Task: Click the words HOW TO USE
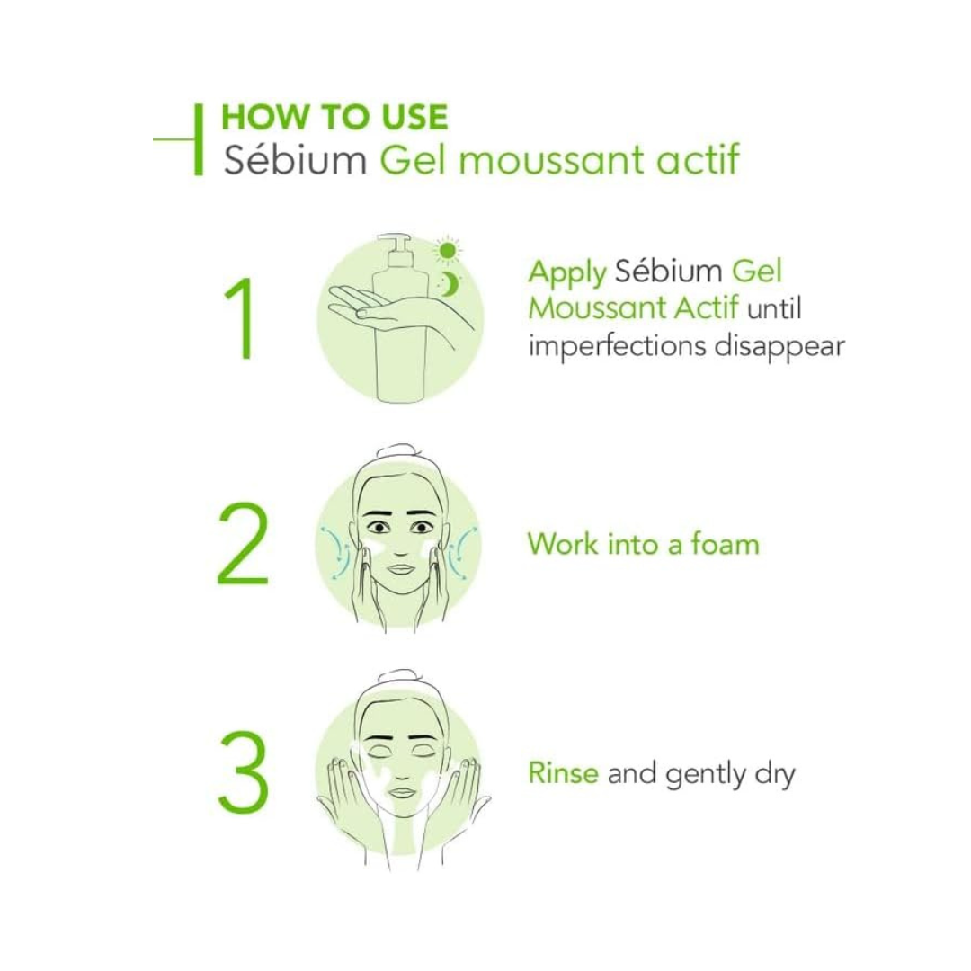point(334,118)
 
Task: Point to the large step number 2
point(242,544)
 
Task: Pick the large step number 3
point(243,773)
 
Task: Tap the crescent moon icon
point(449,283)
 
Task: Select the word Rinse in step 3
point(563,773)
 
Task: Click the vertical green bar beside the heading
point(199,139)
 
